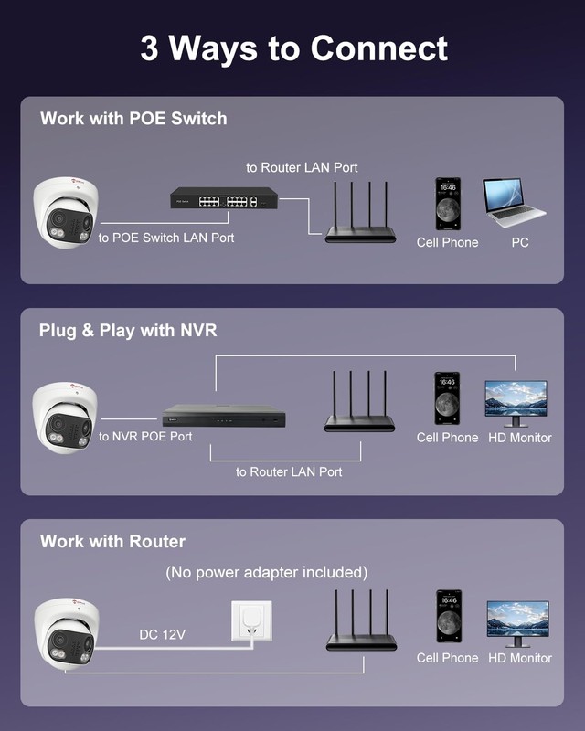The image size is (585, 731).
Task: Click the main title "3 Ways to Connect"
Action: (x=294, y=48)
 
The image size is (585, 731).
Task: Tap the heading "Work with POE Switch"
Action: (x=133, y=119)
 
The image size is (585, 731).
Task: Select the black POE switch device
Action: (x=224, y=198)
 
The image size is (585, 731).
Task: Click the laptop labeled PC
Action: (x=514, y=202)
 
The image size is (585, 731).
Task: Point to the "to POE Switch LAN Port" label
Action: (x=166, y=238)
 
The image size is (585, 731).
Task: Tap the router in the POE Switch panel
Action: (x=359, y=212)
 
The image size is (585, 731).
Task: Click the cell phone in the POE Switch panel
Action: (x=448, y=204)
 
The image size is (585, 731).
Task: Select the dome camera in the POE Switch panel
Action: (x=66, y=212)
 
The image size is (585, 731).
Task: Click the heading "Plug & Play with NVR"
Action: (x=128, y=330)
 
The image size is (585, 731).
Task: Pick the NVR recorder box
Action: (x=224, y=416)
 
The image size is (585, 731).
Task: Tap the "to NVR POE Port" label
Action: (x=145, y=437)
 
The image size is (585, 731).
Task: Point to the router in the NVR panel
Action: (x=359, y=401)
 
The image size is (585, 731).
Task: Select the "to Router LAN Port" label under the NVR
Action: (x=289, y=471)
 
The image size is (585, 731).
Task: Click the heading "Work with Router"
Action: (x=113, y=541)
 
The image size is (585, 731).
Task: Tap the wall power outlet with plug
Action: (x=252, y=622)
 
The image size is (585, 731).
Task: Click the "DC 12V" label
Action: (x=163, y=634)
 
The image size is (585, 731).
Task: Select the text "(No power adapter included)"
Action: (x=266, y=572)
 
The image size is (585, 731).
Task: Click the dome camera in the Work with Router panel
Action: (x=67, y=634)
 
